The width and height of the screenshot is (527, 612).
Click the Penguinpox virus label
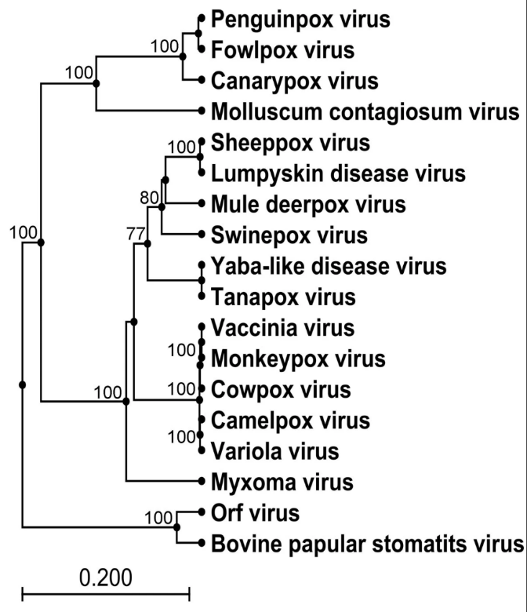click(300, 19)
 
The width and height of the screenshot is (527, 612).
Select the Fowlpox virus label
click(282, 50)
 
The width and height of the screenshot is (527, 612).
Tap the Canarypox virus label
click(295, 80)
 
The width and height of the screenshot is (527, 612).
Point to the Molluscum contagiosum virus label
click(365, 111)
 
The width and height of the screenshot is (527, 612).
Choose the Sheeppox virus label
click(289, 143)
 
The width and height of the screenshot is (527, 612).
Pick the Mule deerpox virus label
click(308, 204)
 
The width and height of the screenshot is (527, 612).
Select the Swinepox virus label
click(289, 235)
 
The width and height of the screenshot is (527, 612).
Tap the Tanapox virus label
click(283, 297)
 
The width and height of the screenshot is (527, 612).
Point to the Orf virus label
click(255, 513)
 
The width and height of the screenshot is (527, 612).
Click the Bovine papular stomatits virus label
click(366, 543)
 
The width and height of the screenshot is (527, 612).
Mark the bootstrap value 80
click(150, 197)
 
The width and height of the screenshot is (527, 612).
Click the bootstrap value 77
click(137, 233)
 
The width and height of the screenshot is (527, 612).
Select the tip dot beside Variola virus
click(202, 450)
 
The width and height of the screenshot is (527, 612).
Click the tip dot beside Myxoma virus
click(202, 481)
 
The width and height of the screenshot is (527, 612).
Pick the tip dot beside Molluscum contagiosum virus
click(202, 111)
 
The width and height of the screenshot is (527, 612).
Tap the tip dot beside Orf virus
click(202, 512)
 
